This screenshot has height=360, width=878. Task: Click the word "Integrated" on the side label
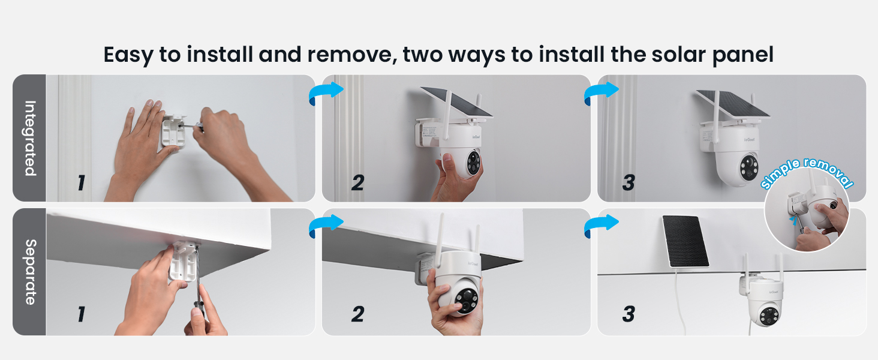point(29,138)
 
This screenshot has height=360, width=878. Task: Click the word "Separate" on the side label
point(29,272)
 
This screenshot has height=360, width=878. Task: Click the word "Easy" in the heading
point(128,55)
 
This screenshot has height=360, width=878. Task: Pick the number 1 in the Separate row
point(81,314)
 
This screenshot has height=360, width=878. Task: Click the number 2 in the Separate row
point(357,314)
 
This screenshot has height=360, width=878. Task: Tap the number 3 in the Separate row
point(628,314)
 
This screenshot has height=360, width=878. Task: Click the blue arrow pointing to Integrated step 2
point(325,93)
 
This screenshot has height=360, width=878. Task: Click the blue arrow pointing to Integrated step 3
point(601,93)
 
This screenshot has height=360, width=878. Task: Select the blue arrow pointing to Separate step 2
point(325,226)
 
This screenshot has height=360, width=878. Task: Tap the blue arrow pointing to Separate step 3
point(601,226)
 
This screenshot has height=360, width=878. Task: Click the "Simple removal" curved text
point(807,173)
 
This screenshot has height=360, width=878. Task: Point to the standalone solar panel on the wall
point(685,241)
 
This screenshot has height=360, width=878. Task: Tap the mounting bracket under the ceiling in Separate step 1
point(183,261)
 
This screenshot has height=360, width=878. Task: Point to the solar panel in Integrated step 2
point(456,102)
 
